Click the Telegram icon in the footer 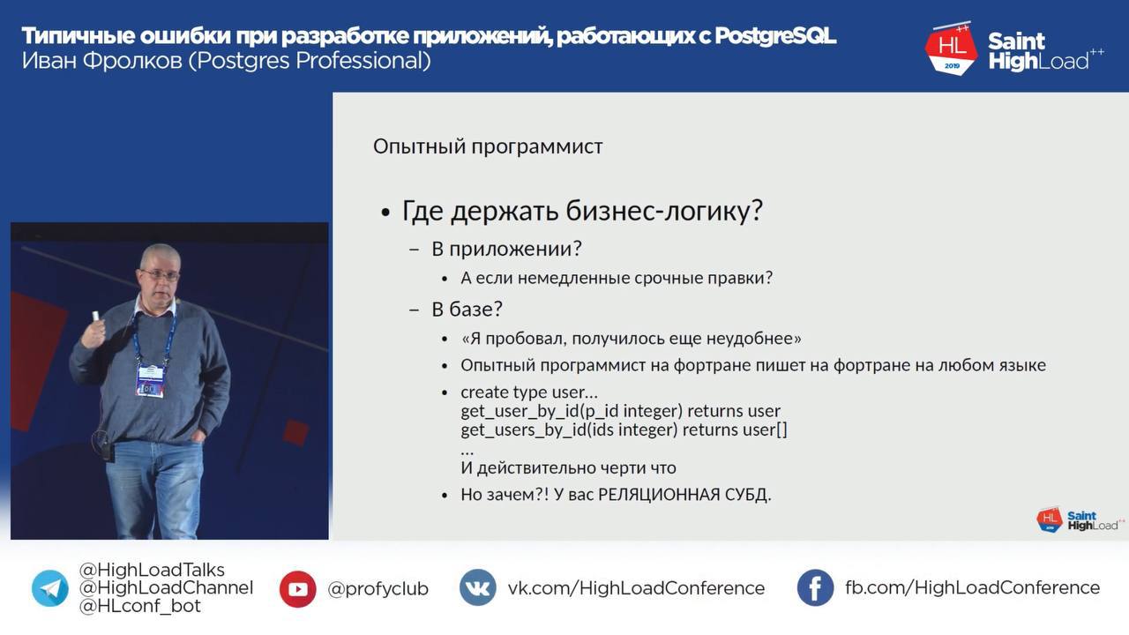pyautogui.click(x=50, y=588)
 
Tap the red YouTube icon pyautogui.click(x=297, y=588)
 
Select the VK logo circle pyautogui.click(x=477, y=587)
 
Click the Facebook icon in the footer pyautogui.click(x=815, y=587)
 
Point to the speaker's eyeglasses pyautogui.click(x=161, y=275)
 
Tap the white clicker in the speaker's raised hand pyautogui.click(x=96, y=316)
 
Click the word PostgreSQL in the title pyautogui.click(x=775, y=36)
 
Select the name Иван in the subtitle pyautogui.click(x=48, y=61)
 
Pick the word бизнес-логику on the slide pyautogui.click(x=664, y=211)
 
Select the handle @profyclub pyautogui.click(x=378, y=588)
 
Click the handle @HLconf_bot pyautogui.click(x=139, y=606)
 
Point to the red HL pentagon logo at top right pyautogui.click(x=951, y=49)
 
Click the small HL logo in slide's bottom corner pyautogui.click(x=1050, y=519)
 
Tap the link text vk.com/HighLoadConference pyautogui.click(x=636, y=588)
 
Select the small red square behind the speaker pyautogui.click(x=295, y=432)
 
